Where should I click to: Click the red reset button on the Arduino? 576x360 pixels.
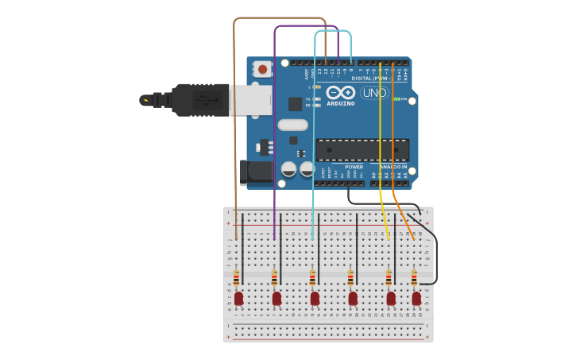[x=262, y=70]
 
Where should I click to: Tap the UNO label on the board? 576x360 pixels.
[x=373, y=93]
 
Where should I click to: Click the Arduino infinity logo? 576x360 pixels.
[x=340, y=92]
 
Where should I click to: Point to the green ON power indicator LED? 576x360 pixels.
[x=396, y=99]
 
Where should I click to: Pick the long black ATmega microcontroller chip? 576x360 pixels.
[x=362, y=149]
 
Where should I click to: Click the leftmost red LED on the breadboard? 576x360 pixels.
[x=238, y=298]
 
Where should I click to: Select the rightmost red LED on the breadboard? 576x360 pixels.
[x=416, y=298]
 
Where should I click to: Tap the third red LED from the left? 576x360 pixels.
[x=315, y=298]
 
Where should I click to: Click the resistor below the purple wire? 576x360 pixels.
[x=274, y=277]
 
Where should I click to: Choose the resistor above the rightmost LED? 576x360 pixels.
[x=414, y=277]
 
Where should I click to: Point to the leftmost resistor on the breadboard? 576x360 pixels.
[x=236, y=277]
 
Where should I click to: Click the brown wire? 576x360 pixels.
[x=234, y=119]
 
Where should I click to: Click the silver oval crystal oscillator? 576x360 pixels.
[x=292, y=125]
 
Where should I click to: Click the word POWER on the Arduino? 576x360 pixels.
[x=354, y=167]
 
